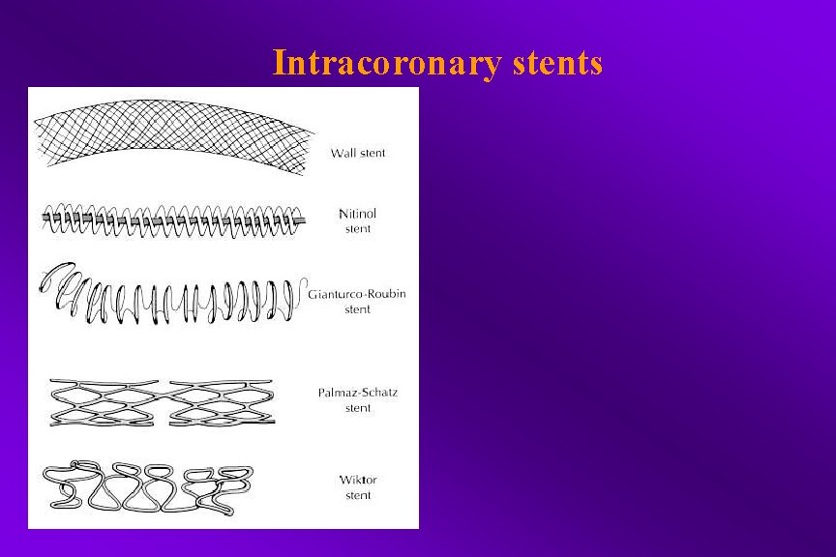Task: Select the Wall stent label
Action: (x=358, y=153)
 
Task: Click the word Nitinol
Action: (x=358, y=213)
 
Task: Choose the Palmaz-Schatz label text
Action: (x=358, y=393)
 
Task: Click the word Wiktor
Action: (x=358, y=480)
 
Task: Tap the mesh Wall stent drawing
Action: (x=174, y=135)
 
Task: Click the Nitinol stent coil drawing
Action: (x=174, y=221)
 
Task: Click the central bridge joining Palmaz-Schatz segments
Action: (x=164, y=396)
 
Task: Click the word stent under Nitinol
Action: (x=358, y=229)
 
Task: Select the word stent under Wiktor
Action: (x=358, y=496)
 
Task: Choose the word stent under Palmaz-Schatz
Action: (x=358, y=408)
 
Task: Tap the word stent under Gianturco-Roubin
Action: (x=358, y=309)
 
